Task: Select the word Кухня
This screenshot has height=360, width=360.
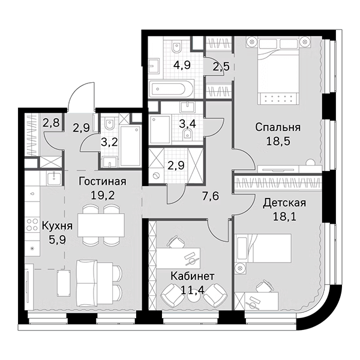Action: click(x=57, y=226)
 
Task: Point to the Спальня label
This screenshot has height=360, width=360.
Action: click(x=277, y=127)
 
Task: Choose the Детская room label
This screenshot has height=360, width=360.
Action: click(x=284, y=203)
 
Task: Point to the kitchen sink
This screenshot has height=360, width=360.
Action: click(x=53, y=177)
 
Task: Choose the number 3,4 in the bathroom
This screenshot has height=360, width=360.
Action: click(x=187, y=125)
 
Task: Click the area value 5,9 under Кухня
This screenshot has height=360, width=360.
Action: click(x=57, y=239)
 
